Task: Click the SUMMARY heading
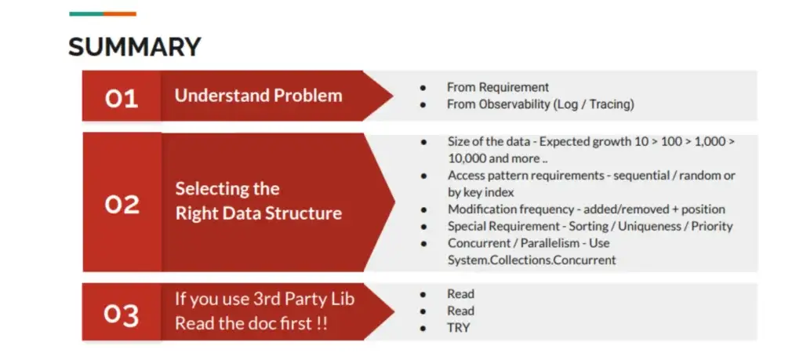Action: tap(135, 46)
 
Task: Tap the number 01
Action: tap(122, 98)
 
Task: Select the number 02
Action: tap(122, 205)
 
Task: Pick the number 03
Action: tap(122, 315)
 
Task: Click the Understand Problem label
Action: tap(258, 96)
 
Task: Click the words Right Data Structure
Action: tap(259, 213)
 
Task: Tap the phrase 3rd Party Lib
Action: tap(305, 299)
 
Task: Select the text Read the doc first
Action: tap(245, 324)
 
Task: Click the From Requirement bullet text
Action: tap(498, 88)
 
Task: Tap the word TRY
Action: tap(458, 328)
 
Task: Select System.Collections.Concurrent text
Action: tap(532, 260)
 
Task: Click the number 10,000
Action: tap(467, 158)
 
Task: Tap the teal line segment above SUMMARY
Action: tap(86, 14)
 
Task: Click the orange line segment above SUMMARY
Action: tap(120, 14)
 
